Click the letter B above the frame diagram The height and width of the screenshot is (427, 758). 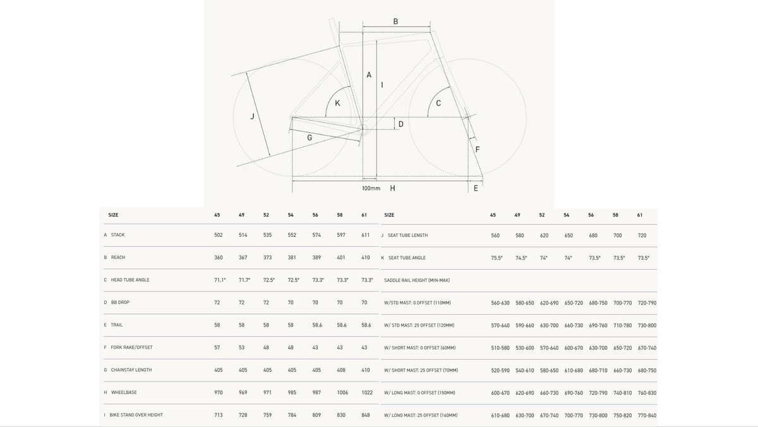point(395,21)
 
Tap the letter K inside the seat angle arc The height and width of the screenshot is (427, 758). point(337,103)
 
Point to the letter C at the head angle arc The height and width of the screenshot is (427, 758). point(438,103)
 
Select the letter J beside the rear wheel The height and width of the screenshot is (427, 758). point(252,116)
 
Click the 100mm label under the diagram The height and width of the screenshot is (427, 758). point(371,188)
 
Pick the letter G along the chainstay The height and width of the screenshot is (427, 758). point(310,138)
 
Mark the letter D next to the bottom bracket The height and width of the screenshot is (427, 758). point(400,124)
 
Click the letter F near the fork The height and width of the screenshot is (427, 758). point(478,149)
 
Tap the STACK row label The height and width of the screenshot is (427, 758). point(117,235)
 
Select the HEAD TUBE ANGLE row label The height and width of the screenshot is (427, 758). point(130,280)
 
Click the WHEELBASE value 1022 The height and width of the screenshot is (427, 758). point(367,392)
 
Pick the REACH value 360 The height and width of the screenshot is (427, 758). point(219,258)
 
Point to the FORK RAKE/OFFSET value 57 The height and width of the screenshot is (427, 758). point(217,347)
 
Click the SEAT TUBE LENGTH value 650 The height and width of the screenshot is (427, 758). point(568,236)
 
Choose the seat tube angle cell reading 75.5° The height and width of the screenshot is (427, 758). point(496,258)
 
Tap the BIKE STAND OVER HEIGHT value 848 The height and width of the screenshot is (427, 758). point(366,415)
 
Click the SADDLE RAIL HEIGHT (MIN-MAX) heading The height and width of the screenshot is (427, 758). point(417,280)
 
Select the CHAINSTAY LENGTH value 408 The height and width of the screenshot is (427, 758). point(341,370)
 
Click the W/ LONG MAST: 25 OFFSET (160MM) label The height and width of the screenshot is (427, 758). point(421,415)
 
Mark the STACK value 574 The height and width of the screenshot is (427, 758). point(316,235)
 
